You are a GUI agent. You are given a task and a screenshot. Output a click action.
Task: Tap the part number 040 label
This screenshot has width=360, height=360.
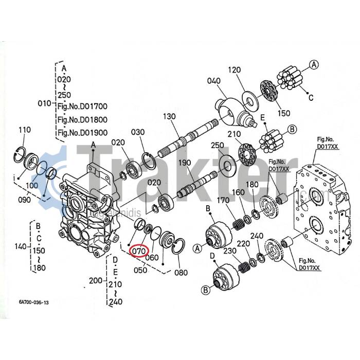point(214,81)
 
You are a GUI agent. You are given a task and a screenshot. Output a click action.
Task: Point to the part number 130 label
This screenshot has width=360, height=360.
point(170,117)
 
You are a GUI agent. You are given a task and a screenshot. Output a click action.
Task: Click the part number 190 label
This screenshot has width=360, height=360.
point(185,163)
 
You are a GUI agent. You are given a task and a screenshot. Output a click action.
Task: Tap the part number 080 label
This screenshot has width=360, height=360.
point(182,272)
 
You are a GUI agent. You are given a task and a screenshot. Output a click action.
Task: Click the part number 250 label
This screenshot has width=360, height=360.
point(218,146)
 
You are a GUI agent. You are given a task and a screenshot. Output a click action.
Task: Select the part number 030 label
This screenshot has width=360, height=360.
point(138,132)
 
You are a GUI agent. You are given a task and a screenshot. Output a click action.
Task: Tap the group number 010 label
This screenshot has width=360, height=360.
point(45,104)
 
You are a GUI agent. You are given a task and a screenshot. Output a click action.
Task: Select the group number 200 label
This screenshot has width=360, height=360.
point(95,280)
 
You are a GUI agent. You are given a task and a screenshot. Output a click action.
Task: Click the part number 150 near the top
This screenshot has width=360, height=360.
point(284,113)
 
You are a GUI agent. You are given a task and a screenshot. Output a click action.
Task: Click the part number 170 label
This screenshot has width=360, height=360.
point(223,200)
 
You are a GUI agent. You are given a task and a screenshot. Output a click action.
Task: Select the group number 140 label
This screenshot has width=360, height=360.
point(21,247)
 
